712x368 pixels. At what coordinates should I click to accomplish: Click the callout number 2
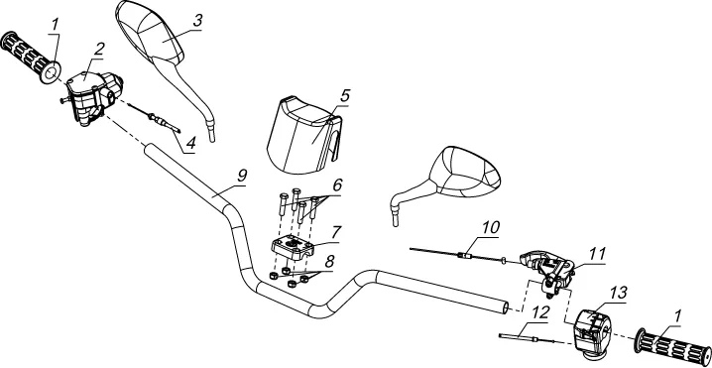click(x=99, y=50)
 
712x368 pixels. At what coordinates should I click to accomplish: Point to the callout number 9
click(x=242, y=176)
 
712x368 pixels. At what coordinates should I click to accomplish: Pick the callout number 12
click(x=540, y=312)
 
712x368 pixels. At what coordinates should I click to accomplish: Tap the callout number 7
click(x=335, y=233)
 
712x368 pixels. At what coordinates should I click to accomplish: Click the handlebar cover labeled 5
click(x=302, y=135)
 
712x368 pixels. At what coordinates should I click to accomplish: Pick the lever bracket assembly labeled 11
click(x=547, y=271)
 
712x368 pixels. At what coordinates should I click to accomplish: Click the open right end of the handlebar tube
click(x=506, y=308)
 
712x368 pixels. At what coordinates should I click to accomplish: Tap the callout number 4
click(x=191, y=143)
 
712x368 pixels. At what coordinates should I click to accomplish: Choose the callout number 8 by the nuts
click(x=329, y=263)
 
